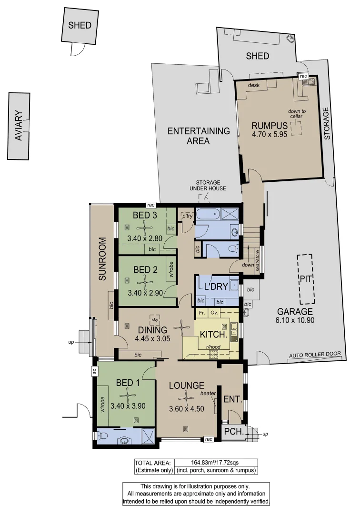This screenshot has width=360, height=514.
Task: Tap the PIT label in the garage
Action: coord(305,279)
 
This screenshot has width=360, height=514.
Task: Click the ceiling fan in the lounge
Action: coord(189,396)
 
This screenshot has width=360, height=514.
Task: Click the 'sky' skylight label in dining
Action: coord(154,319)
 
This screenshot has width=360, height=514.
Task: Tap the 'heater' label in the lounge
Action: coord(208,393)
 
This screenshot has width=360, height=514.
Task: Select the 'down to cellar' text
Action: coord(297,114)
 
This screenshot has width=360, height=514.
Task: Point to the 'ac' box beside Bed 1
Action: coord(95,372)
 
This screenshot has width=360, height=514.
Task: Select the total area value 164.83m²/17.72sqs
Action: coord(216,462)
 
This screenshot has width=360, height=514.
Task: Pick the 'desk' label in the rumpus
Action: coord(254,85)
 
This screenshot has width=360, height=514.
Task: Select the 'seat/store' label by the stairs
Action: coord(258,262)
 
